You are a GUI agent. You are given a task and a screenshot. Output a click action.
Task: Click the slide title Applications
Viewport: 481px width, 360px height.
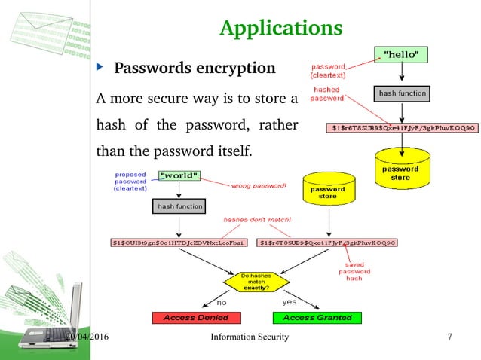coord(280,28)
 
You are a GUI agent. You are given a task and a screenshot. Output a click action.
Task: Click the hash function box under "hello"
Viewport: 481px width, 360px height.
coord(401,94)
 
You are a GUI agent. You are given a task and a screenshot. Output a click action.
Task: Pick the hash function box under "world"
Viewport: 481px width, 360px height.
coord(179,206)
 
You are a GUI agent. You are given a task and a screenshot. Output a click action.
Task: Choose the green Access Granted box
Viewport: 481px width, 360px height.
coord(317,317)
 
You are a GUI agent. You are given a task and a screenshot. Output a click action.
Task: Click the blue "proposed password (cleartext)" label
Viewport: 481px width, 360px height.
coord(130,181)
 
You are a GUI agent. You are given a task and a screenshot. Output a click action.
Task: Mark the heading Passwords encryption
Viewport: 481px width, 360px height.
coord(195,69)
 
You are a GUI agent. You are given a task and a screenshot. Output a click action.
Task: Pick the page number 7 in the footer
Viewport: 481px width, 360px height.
coord(449,337)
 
